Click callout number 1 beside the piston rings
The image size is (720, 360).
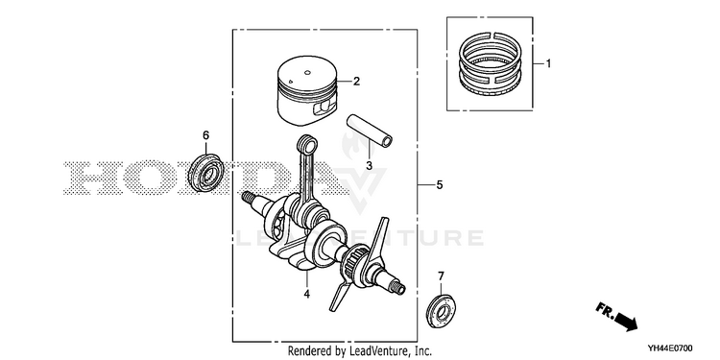click(548, 63)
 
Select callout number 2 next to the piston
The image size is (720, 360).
click(356, 82)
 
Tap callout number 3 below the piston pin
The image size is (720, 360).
click(369, 165)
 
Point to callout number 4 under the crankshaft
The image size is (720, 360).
click(307, 294)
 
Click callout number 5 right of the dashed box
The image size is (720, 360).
click(440, 185)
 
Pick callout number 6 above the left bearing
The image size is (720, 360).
click(205, 135)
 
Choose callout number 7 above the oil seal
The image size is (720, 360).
click(441, 276)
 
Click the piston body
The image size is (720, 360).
click(307, 95)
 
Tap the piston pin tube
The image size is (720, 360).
click(370, 131)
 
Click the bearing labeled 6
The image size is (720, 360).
click(206, 173)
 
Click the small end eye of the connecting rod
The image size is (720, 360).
click(307, 144)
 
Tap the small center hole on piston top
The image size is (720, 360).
click(307, 72)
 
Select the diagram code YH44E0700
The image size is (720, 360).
click(670, 348)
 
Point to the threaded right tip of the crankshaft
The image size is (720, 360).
click(397, 287)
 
